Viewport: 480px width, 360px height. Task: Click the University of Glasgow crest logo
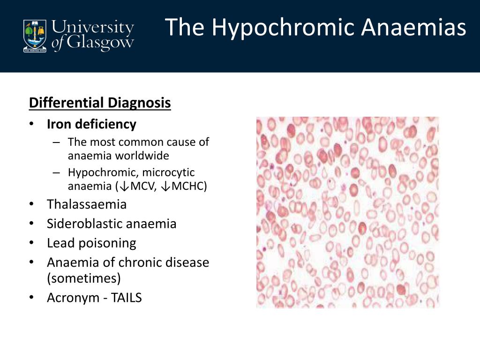(x=35, y=36)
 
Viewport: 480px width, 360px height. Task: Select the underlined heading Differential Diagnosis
(x=100, y=103)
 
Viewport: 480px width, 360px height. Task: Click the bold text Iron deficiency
(x=91, y=124)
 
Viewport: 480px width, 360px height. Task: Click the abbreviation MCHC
(x=189, y=186)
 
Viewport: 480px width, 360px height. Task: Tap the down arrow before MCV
(x=124, y=186)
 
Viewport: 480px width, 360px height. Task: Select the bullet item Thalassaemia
(x=87, y=204)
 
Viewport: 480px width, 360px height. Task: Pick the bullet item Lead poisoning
(x=91, y=243)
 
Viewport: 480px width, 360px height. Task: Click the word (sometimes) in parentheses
(x=84, y=278)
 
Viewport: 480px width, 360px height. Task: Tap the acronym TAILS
(x=126, y=298)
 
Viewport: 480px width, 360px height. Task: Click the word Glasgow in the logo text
(x=100, y=43)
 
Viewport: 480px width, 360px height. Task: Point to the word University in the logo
(x=93, y=28)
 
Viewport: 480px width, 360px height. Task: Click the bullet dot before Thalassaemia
(x=31, y=204)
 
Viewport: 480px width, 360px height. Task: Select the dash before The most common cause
(x=56, y=142)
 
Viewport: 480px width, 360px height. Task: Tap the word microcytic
(x=168, y=172)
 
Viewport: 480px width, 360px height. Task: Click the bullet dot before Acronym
(x=31, y=298)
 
